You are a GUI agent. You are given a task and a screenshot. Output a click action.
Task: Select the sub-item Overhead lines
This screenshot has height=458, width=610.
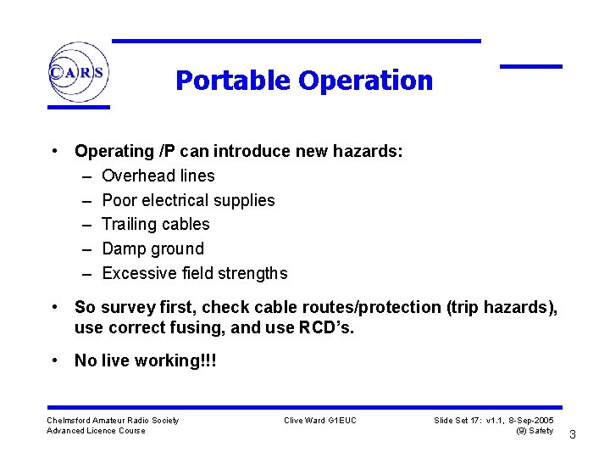coord(158,176)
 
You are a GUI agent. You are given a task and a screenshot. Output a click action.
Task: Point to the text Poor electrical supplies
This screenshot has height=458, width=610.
coord(188,200)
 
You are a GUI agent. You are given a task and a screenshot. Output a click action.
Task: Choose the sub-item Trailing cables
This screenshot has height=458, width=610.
coord(155,224)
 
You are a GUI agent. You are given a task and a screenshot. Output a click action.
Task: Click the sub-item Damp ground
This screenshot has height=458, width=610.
coord(152,249)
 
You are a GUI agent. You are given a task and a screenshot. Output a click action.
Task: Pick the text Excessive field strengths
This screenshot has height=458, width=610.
coord(194,273)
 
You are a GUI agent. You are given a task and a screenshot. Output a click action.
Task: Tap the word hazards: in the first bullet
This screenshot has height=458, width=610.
coord(369,152)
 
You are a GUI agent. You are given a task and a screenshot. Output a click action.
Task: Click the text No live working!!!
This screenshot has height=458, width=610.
coord(145,360)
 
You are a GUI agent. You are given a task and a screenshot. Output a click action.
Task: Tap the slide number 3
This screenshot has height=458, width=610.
coord(573,435)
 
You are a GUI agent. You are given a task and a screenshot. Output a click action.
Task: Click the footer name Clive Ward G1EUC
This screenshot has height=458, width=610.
coord(320,421)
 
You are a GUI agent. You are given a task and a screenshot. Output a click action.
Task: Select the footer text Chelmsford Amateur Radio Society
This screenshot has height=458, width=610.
coord(113,421)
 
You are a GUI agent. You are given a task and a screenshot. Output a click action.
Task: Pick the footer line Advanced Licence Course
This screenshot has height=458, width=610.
coord(96,431)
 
